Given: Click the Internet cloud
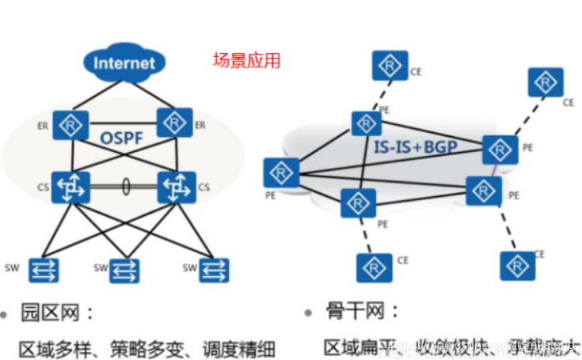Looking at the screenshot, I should [x=125, y=63].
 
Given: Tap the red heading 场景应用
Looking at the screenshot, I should [x=247, y=61].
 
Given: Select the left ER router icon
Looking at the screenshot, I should [x=72, y=125].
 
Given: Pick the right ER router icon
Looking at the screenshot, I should [x=175, y=123].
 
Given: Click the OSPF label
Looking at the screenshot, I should [x=123, y=138].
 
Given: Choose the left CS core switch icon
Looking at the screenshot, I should [x=72, y=187].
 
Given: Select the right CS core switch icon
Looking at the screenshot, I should [x=176, y=188].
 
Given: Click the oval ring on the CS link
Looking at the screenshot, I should [x=125, y=187].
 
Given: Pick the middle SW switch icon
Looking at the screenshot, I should [x=125, y=271].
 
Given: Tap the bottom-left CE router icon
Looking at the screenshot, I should [x=374, y=267].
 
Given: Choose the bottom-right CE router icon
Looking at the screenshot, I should [x=517, y=264].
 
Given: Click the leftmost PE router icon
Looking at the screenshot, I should [x=282, y=173].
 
